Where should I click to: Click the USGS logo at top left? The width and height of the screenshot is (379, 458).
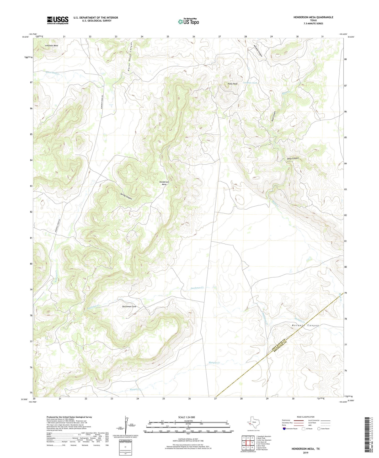click(58, 20)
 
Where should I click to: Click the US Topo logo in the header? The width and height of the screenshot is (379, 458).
click(188, 22)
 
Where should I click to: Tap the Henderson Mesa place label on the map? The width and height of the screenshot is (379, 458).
click(164, 183)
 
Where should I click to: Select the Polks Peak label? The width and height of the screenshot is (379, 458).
click(232, 84)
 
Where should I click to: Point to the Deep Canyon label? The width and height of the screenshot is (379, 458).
click(293, 158)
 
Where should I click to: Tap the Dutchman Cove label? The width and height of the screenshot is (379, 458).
click(129, 306)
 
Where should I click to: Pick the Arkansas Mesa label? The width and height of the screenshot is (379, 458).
click(51, 46)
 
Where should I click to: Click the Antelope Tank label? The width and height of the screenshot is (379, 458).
click(250, 83)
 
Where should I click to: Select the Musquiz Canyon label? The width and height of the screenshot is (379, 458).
click(305, 326)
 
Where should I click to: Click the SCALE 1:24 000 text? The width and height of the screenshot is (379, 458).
click(186, 417)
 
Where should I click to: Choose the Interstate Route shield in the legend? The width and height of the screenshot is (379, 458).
click(285, 429)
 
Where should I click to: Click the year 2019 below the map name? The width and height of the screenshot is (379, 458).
click(306, 452)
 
